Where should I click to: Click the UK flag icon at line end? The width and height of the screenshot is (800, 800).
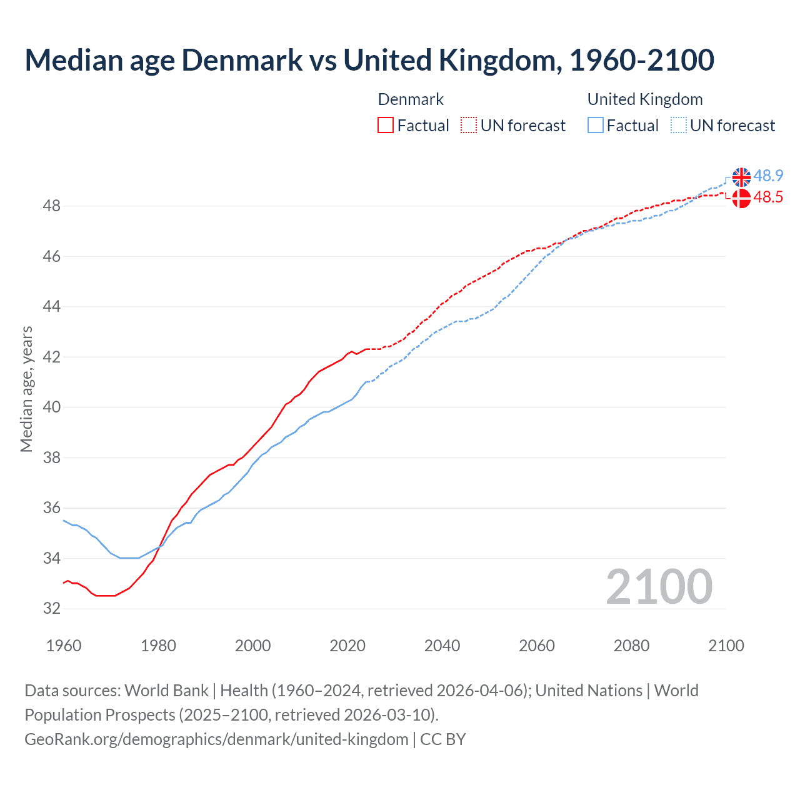pos(741,177)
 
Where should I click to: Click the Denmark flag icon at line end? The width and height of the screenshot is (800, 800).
pos(741,199)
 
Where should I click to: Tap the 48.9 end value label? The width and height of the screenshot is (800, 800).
pos(768,176)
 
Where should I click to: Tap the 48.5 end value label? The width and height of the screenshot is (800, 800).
pos(768,197)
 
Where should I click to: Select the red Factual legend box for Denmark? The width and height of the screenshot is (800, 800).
pos(386,126)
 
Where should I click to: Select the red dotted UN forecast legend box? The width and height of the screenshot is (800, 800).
pos(469,126)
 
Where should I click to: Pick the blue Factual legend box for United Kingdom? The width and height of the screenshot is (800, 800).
pos(595,126)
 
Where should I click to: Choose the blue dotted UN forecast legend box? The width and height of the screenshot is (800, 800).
pos(678,126)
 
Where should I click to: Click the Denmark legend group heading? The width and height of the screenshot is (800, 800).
pos(411,99)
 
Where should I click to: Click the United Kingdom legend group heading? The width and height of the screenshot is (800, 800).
pos(645,99)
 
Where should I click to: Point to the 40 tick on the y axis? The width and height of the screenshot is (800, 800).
pos(52,407)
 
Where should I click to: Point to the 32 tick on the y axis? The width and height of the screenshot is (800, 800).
pos(52,608)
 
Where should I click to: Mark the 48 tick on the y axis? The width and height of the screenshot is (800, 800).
pos(52,206)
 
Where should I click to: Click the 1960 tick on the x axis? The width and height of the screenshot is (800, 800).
pos(64,646)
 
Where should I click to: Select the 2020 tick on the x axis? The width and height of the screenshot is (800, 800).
pos(347,646)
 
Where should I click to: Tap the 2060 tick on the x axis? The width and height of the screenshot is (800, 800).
pos(537,646)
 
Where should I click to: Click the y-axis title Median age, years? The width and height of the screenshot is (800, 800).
pos(26,389)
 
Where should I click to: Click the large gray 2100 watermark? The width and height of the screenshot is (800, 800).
pos(659,587)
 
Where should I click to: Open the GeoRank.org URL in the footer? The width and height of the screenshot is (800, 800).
pos(216,739)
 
